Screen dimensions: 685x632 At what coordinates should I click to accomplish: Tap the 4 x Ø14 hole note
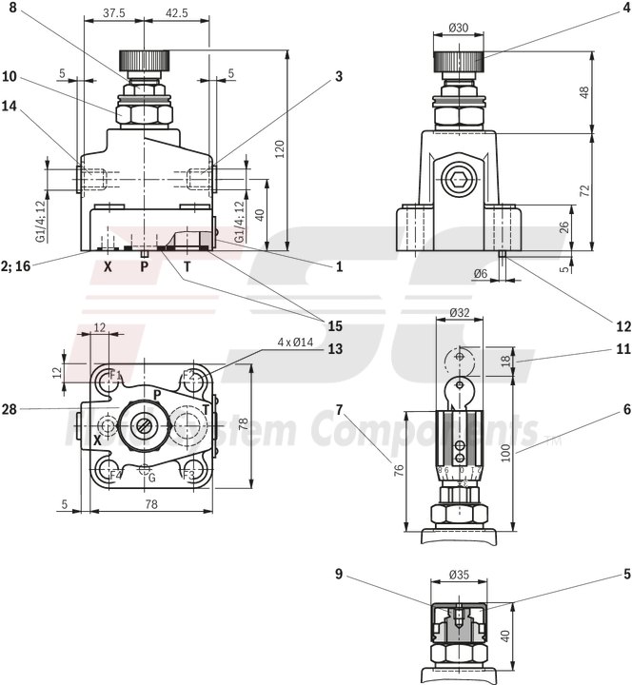pyautogui.click(x=277, y=341)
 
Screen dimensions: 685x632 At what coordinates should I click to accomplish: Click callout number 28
pyautogui.click(x=10, y=409)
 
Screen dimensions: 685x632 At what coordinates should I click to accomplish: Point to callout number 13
pyautogui.click(x=335, y=348)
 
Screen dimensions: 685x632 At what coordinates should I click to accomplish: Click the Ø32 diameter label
pyautogui.click(x=460, y=311)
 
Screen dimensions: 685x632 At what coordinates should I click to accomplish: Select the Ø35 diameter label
pyautogui.click(x=460, y=576)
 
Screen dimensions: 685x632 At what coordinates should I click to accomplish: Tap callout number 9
pyautogui.click(x=339, y=574)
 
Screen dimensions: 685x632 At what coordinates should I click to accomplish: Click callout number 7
pyautogui.click(x=339, y=410)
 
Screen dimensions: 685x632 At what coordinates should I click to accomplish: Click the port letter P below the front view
pyautogui.click(x=145, y=267)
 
